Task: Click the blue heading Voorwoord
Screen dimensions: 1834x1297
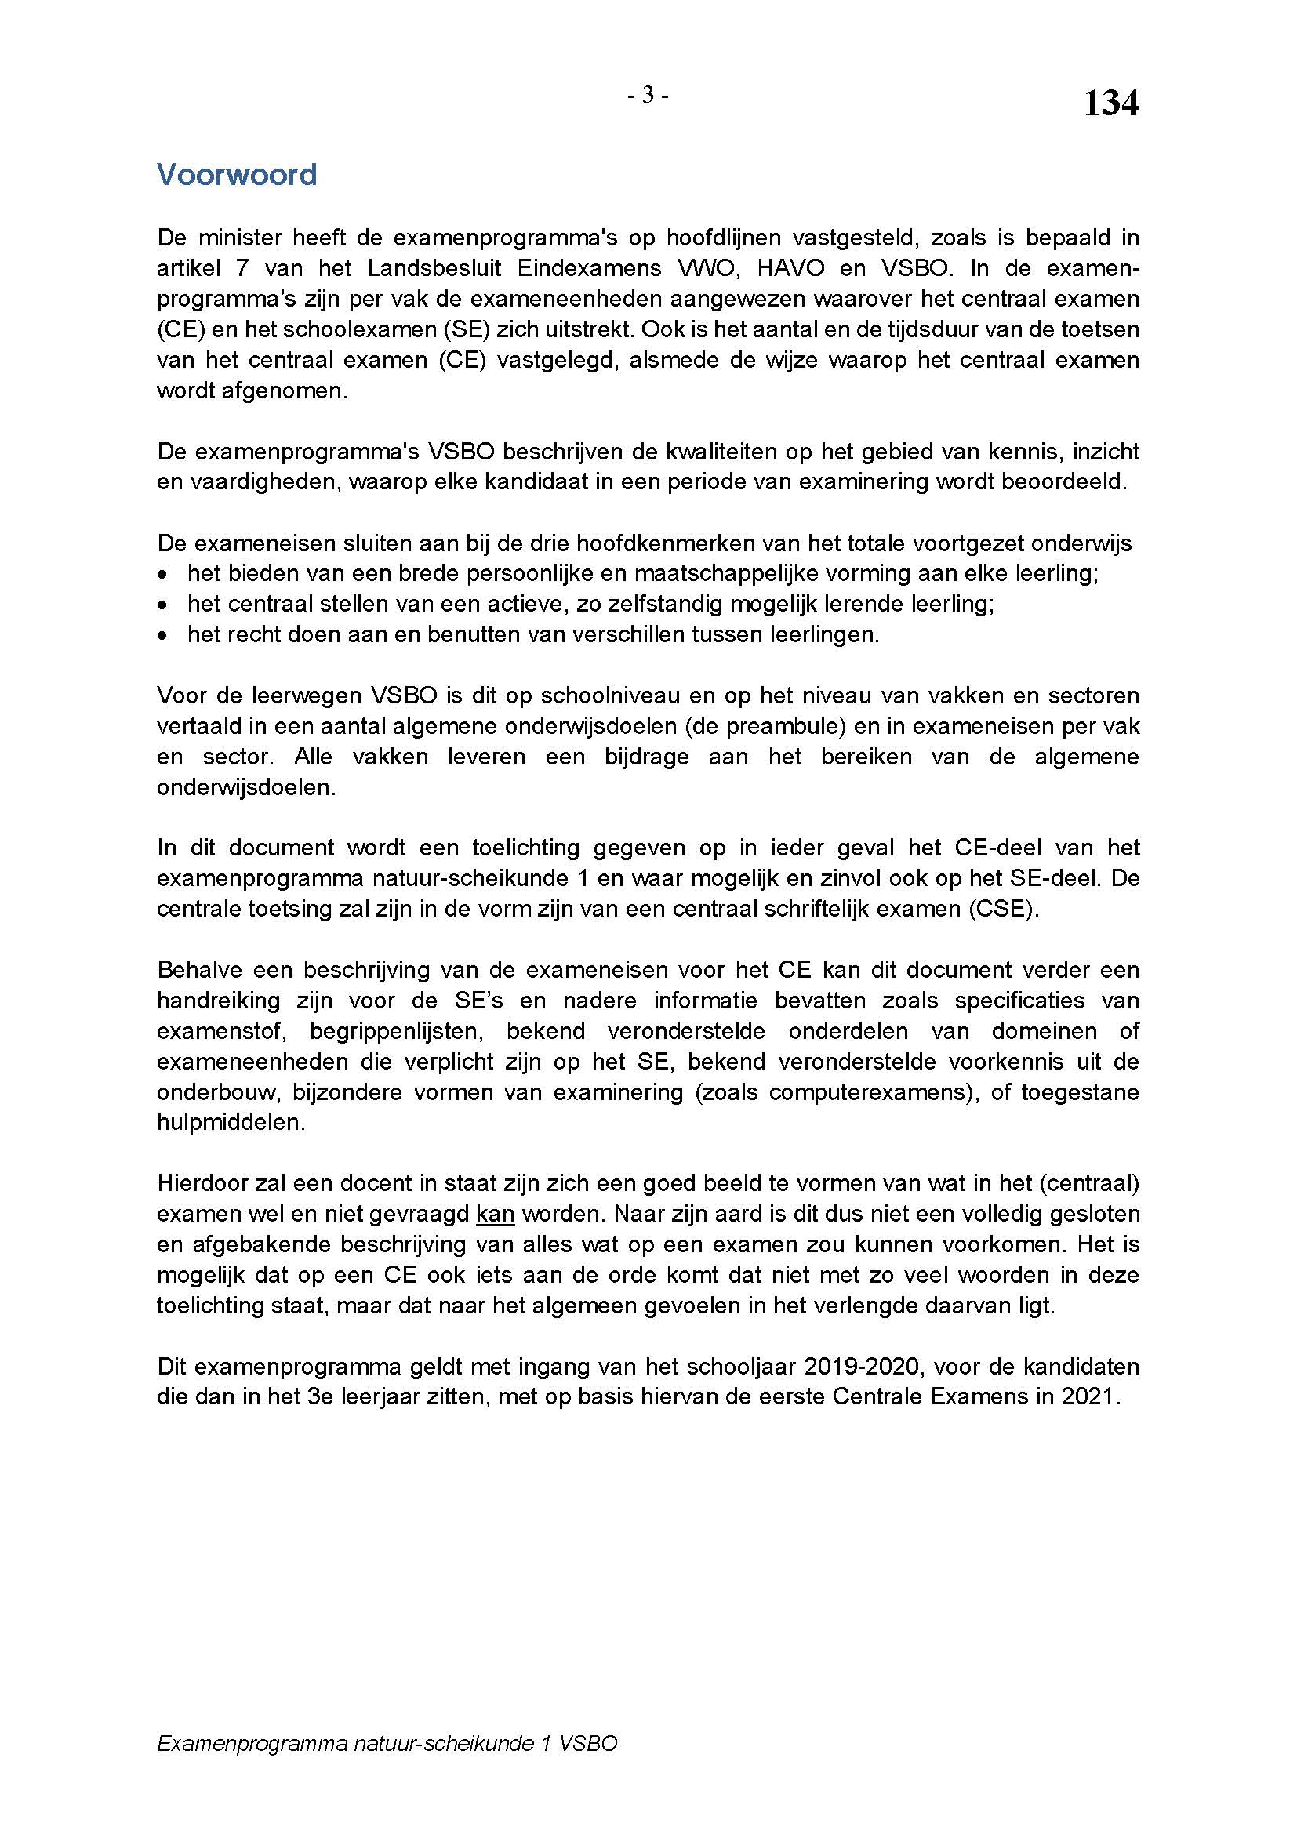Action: point(236,174)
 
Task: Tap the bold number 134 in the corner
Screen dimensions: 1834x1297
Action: point(1110,104)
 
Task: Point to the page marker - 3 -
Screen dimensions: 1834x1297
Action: point(648,96)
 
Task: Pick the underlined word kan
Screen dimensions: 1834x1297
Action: point(495,1215)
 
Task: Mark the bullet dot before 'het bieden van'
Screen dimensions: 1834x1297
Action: point(163,574)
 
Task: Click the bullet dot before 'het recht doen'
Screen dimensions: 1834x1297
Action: point(163,636)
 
